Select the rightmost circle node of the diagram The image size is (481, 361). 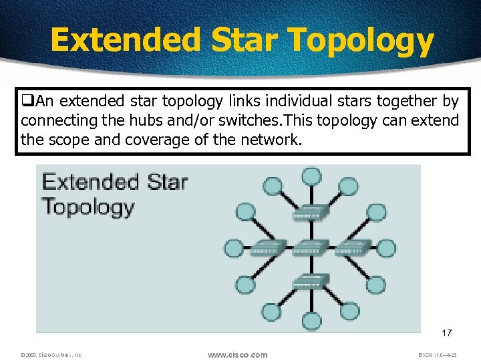387,249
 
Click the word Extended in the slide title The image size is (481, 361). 126,39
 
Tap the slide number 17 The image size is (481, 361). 446,332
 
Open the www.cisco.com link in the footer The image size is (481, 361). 237,354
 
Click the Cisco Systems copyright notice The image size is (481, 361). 51,355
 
